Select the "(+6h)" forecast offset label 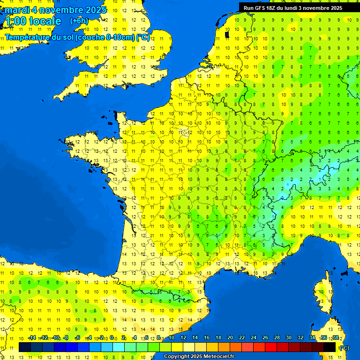point(79,21)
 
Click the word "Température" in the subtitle point(29,37)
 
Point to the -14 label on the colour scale point(32,338)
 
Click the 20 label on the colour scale point(230,338)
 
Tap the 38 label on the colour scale point(335,338)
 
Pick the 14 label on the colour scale point(195,338)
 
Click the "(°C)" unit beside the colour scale point(344,347)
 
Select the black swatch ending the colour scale point(330,347)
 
